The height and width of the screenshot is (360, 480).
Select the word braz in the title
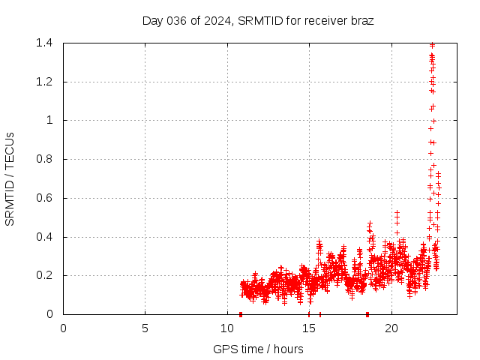point(361,21)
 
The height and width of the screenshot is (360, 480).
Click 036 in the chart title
point(176,21)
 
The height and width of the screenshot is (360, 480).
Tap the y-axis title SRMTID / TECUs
point(10,178)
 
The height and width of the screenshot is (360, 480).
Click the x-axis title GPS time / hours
point(258,349)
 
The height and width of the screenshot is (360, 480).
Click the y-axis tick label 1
point(49,120)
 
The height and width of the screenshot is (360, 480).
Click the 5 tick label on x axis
point(145,328)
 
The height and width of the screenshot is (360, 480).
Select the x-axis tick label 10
point(227,328)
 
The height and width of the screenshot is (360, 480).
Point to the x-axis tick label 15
point(309,328)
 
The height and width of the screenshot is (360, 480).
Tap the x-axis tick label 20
point(391,328)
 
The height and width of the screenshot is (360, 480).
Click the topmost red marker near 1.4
point(432,45)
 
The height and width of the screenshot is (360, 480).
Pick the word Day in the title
point(152,21)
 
